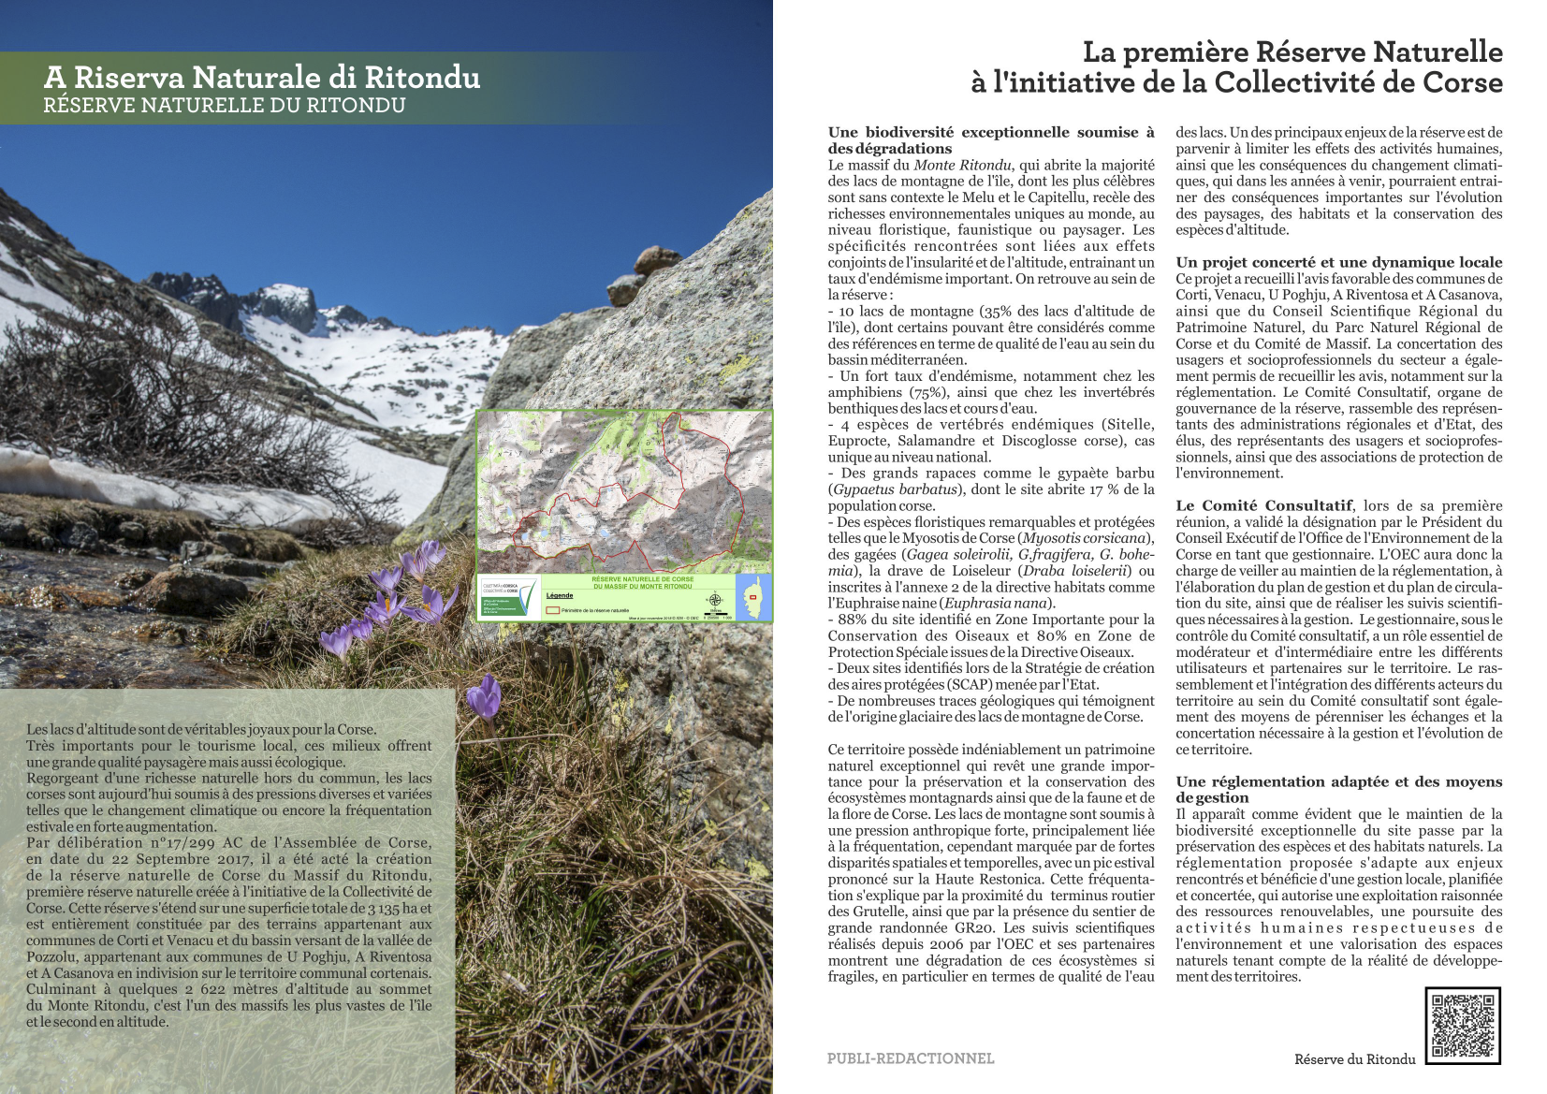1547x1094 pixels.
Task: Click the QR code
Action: coord(1463,1025)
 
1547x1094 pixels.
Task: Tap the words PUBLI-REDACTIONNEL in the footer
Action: coord(910,1058)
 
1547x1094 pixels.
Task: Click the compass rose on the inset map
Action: coord(715,600)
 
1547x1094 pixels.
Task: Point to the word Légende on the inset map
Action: coord(560,595)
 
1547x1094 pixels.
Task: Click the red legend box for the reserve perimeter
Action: coord(552,610)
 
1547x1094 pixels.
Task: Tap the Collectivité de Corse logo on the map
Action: coord(509,597)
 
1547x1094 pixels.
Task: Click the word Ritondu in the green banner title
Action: coord(421,77)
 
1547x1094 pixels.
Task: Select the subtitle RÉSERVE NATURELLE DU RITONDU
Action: coord(224,105)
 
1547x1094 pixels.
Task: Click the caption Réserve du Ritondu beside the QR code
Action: coord(1354,1059)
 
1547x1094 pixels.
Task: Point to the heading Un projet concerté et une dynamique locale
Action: coord(1338,262)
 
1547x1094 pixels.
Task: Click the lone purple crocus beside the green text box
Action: coord(484,698)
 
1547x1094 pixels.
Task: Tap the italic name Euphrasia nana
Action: coord(998,604)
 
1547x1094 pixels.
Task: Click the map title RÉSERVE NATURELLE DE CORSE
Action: coord(642,579)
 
